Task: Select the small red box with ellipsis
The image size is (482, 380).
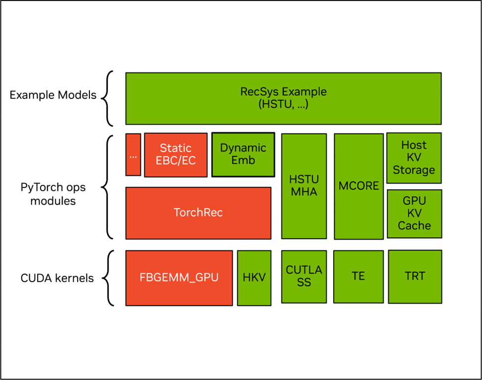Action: click(x=133, y=155)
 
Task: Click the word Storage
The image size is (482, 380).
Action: click(x=414, y=170)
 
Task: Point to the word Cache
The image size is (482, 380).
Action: click(x=414, y=226)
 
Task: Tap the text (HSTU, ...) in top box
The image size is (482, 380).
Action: click(x=283, y=104)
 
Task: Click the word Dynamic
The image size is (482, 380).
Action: click(x=243, y=148)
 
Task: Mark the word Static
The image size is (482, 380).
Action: click(x=175, y=148)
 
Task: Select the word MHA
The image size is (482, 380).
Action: click(x=304, y=192)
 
